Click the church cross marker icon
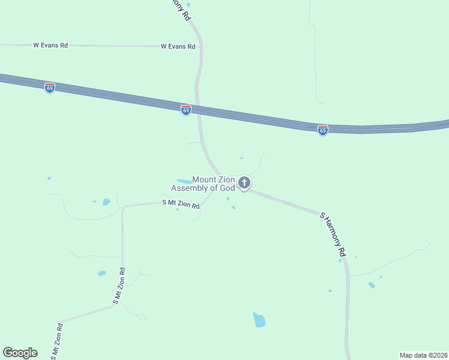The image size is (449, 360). point(244,182)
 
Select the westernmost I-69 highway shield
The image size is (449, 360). point(49,88)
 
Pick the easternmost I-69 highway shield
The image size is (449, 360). point(323,130)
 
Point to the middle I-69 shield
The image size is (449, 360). point(186,110)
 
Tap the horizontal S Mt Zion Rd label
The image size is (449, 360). point(181,204)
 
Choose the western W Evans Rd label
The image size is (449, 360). point(50,45)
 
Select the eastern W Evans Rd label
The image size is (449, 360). point(178,46)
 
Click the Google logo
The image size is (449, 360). point(20,353)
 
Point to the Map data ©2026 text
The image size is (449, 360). point(423,355)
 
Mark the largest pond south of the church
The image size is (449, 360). point(259,320)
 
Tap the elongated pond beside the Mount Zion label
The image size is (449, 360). point(183,181)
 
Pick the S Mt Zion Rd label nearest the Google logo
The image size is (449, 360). point(56,341)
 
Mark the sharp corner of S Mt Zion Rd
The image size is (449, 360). point(123,208)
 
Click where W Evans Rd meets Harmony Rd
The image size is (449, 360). point(201,46)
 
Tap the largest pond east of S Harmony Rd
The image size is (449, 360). point(372,285)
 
